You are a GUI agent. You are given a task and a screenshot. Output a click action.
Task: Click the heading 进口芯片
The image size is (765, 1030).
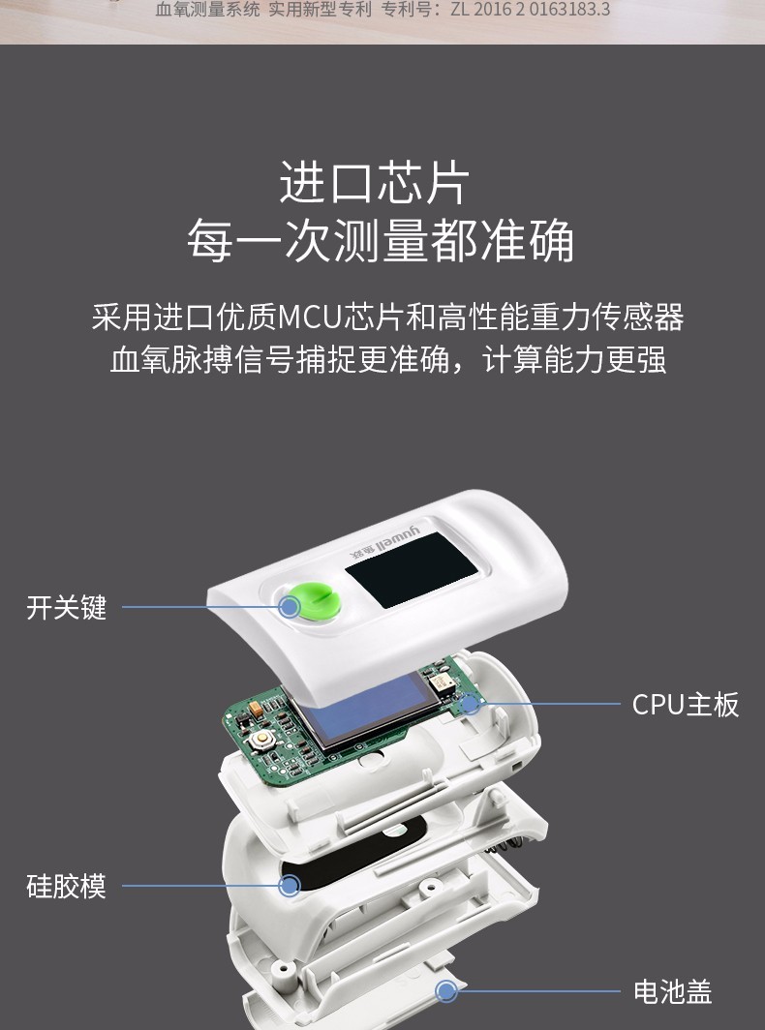tap(374, 183)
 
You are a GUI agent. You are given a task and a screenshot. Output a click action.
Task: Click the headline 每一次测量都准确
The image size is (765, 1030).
tap(381, 241)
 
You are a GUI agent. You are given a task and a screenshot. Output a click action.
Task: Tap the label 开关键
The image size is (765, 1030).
tap(66, 609)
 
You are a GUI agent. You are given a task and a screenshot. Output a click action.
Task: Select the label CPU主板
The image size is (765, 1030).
tap(685, 705)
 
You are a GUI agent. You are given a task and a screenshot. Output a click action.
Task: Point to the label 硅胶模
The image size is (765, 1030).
tap(66, 886)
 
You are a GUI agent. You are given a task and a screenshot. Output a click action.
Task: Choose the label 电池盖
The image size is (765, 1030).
tap(672, 991)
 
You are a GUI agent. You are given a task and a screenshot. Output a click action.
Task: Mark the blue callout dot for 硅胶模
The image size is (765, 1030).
tap(290, 885)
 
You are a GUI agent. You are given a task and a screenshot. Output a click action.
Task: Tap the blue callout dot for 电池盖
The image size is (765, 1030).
tap(446, 990)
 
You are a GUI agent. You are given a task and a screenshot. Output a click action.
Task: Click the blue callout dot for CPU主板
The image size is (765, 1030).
tap(472, 704)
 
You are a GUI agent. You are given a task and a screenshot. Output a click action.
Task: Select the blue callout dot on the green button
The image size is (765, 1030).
tap(289, 607)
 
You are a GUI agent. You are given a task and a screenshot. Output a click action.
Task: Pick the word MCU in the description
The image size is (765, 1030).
tap(305, 318)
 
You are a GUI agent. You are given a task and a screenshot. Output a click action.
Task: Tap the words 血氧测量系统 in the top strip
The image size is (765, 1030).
tap(195, 11)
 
